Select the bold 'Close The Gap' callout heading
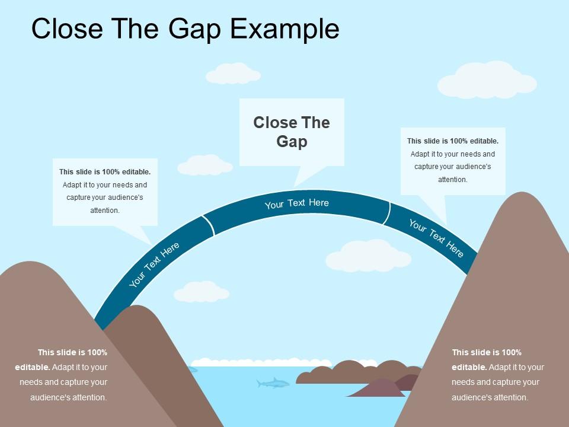pyautogui.click(x=292, y=132)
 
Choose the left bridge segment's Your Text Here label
pyautogui.click(x=154, y=265)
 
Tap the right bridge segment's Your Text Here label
pyautogui.click(x=436, y=238)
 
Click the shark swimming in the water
pyautogui.click(x=272, y=383)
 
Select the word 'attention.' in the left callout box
pyautogui.click(x=105, y=211)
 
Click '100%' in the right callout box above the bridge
pyautogui.click(x=459, y=141)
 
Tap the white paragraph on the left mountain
pyautogui.click(x=62, y=375)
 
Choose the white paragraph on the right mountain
pyautogui.click(x=497, y=375)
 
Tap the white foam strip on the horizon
pyautogui.click(x=284, y=362)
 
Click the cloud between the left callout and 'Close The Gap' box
pyautogui.click(x=204, y=165)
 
